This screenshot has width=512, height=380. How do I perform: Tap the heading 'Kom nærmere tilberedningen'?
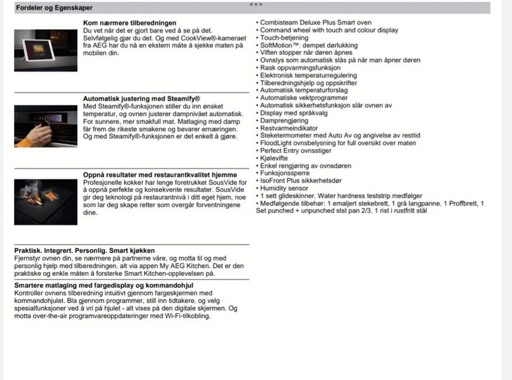tap(130, 23)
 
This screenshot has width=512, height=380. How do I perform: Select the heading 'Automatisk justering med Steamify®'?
tap(141, 99)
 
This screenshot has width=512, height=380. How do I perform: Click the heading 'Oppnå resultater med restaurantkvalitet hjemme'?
tap(160, 175)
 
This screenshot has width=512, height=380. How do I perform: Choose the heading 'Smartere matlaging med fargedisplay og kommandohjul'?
tap(103, 286)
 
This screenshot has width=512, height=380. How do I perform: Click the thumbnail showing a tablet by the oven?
tap(46, 51)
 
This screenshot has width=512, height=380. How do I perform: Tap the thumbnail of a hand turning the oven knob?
tap(46, 126)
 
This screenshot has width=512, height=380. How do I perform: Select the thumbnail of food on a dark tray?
tap(46, 201)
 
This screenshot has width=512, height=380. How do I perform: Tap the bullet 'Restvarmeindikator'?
tap(289, 128)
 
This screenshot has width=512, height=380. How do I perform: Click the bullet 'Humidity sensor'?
tap(284, 188)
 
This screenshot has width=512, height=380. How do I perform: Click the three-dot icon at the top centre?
tap(256, 4)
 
